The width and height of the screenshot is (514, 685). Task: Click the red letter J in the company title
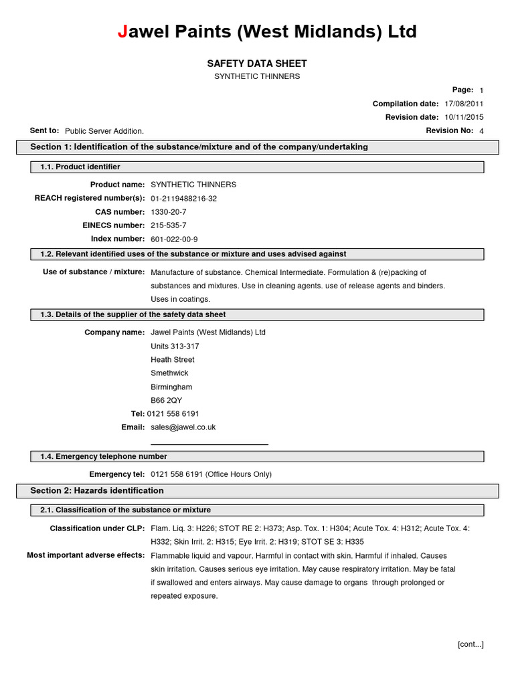[122, 31]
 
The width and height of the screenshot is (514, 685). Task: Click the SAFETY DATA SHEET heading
[257, 64]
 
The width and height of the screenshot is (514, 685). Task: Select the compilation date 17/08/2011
[464, 104]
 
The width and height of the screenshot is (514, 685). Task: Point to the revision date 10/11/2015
[464, 117]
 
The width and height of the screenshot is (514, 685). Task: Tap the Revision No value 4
[481, 131]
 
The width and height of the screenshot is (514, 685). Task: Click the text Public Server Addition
[104, 131]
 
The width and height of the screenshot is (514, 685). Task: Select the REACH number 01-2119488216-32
[184, 199]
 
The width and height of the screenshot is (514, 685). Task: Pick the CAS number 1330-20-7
[169, 212]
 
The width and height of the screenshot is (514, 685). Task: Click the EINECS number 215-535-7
[169, 225]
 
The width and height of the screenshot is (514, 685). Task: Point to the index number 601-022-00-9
[175, 239]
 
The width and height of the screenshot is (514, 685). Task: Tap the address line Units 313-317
[175, 347]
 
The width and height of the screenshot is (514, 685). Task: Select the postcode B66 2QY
[167, 400]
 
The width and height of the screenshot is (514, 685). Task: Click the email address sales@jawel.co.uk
[183, 427]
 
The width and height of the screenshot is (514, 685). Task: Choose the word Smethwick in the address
[170, 373]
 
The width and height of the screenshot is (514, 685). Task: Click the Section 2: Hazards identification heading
[97, 490]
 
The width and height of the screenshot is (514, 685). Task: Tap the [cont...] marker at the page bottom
[470, 644]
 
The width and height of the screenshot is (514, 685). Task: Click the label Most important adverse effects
[86, 555]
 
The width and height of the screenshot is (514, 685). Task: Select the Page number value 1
[481, 90]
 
